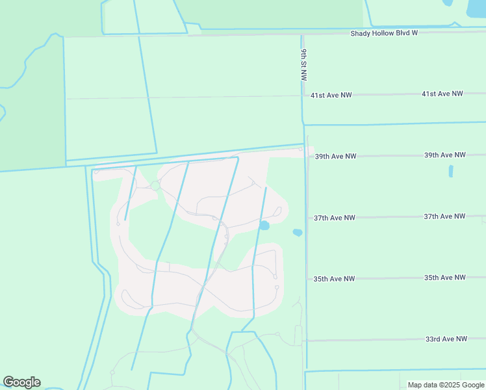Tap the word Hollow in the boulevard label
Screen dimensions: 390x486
point(385,32)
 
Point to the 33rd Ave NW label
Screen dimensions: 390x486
point(446,339)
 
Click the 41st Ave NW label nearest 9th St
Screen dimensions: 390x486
point(331,95)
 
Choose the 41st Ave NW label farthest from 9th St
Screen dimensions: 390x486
point(442,94)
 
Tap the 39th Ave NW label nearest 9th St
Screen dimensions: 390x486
point(335,156)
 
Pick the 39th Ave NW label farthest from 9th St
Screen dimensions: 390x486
point(444,155)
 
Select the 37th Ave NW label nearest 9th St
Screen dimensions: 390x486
point(335,218)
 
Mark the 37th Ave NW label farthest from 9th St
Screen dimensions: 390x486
point(444,216)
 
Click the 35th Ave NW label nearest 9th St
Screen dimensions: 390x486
point(334,279)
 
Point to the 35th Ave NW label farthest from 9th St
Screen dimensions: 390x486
point(444,278)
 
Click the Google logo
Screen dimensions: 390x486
point(21,382)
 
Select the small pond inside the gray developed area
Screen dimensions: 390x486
point(264,226)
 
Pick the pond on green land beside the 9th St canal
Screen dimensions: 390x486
point(298,232)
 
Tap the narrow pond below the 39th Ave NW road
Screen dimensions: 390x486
point(451,172)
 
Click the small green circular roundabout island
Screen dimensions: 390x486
point(155,186)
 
